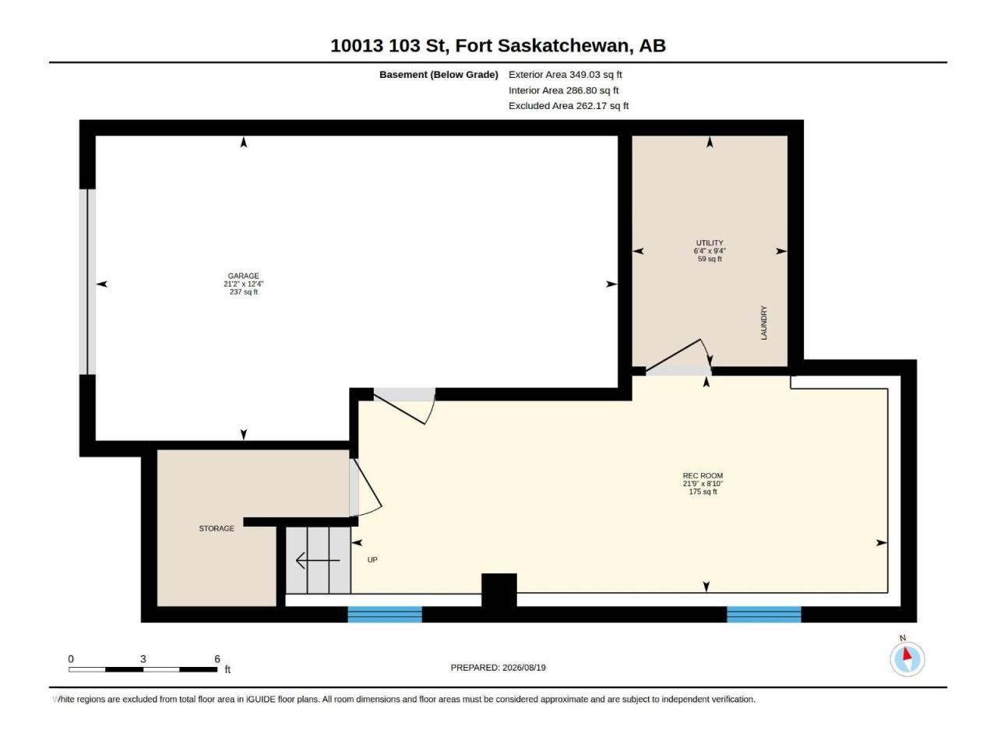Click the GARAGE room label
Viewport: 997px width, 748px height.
[x=243, y=276]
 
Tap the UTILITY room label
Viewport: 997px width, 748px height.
[x=709, y=243]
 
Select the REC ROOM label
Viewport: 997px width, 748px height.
[x=703, y=475]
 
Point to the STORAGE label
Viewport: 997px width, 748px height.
[x=217, y=528]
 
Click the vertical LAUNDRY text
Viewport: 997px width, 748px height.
[x=763, y=323]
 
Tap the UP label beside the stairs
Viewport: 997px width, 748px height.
[x=372, y=559]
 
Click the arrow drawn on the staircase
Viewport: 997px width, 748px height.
[x=318, y=560]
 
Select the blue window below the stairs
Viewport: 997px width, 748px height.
[x=385, y=614]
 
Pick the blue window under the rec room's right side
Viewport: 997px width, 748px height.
[x=763, y=614]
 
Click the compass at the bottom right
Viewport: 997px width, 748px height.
[x=907, y=659]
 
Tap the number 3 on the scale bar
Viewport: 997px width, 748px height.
[x=143, y=658]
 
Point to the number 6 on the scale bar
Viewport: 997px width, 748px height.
[x=217, y=658]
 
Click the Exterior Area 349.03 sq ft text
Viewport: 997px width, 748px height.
[x=565, y=75]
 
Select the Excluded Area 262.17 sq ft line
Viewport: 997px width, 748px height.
[x=569, y=106]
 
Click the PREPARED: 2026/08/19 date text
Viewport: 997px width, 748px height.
[x=498, y=667]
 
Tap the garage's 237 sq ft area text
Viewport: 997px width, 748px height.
[x=243, y=291]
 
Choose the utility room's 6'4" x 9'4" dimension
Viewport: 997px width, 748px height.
[x=709, y=251]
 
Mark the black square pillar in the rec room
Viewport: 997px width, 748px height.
[x=498, y=590]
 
